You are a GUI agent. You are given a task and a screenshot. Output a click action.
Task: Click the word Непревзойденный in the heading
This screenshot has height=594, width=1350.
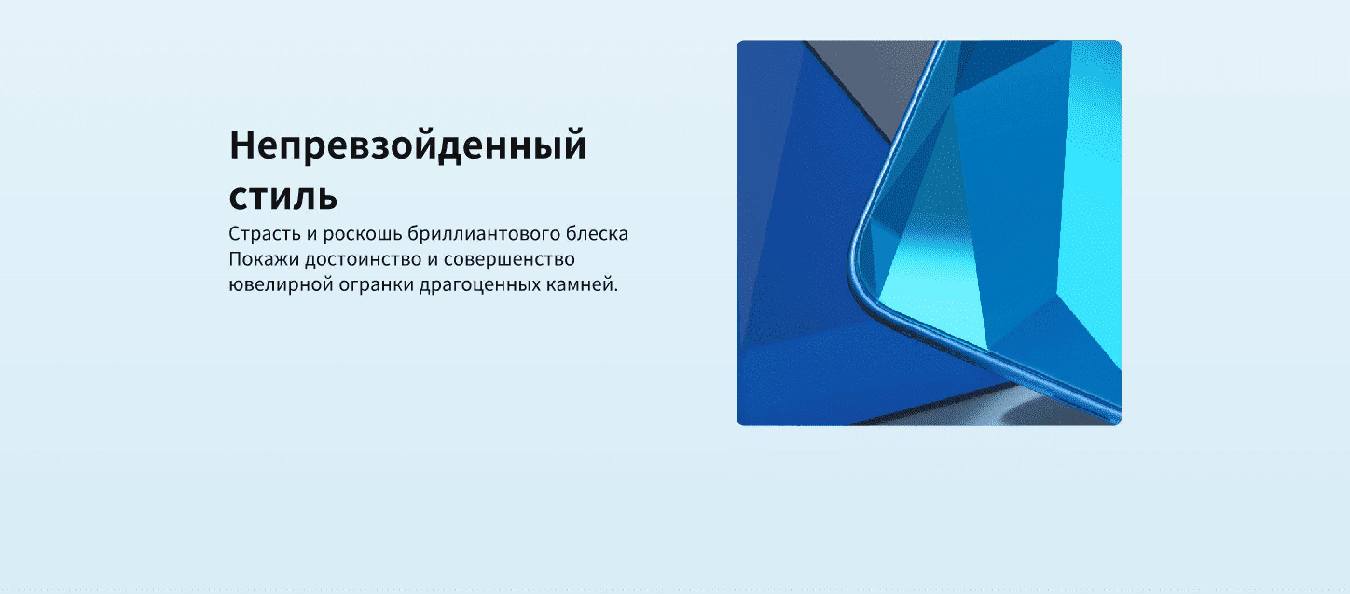pyautogui.click(x=408, y=145)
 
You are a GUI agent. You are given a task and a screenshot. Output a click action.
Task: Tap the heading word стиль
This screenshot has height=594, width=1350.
pyautogui.click(x=283, y=197)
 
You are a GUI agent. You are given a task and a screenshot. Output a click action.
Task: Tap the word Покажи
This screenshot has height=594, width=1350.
pyautogui.click(x=264, y=259)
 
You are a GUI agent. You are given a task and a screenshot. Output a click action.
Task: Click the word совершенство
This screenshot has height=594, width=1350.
pyautogui.click(x=510, y=259)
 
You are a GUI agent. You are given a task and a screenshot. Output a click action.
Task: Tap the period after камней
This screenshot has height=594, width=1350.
pyautogui.click(x=616, y=291)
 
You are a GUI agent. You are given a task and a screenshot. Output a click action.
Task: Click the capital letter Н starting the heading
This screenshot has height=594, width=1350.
pyautogui.click(x=241, y=145)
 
